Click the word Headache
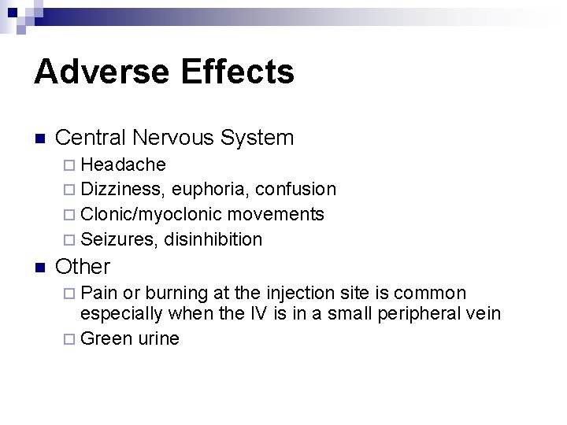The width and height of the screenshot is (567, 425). click(x=123, y=164)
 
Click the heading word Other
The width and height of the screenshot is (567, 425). click(x=83, y=266)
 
